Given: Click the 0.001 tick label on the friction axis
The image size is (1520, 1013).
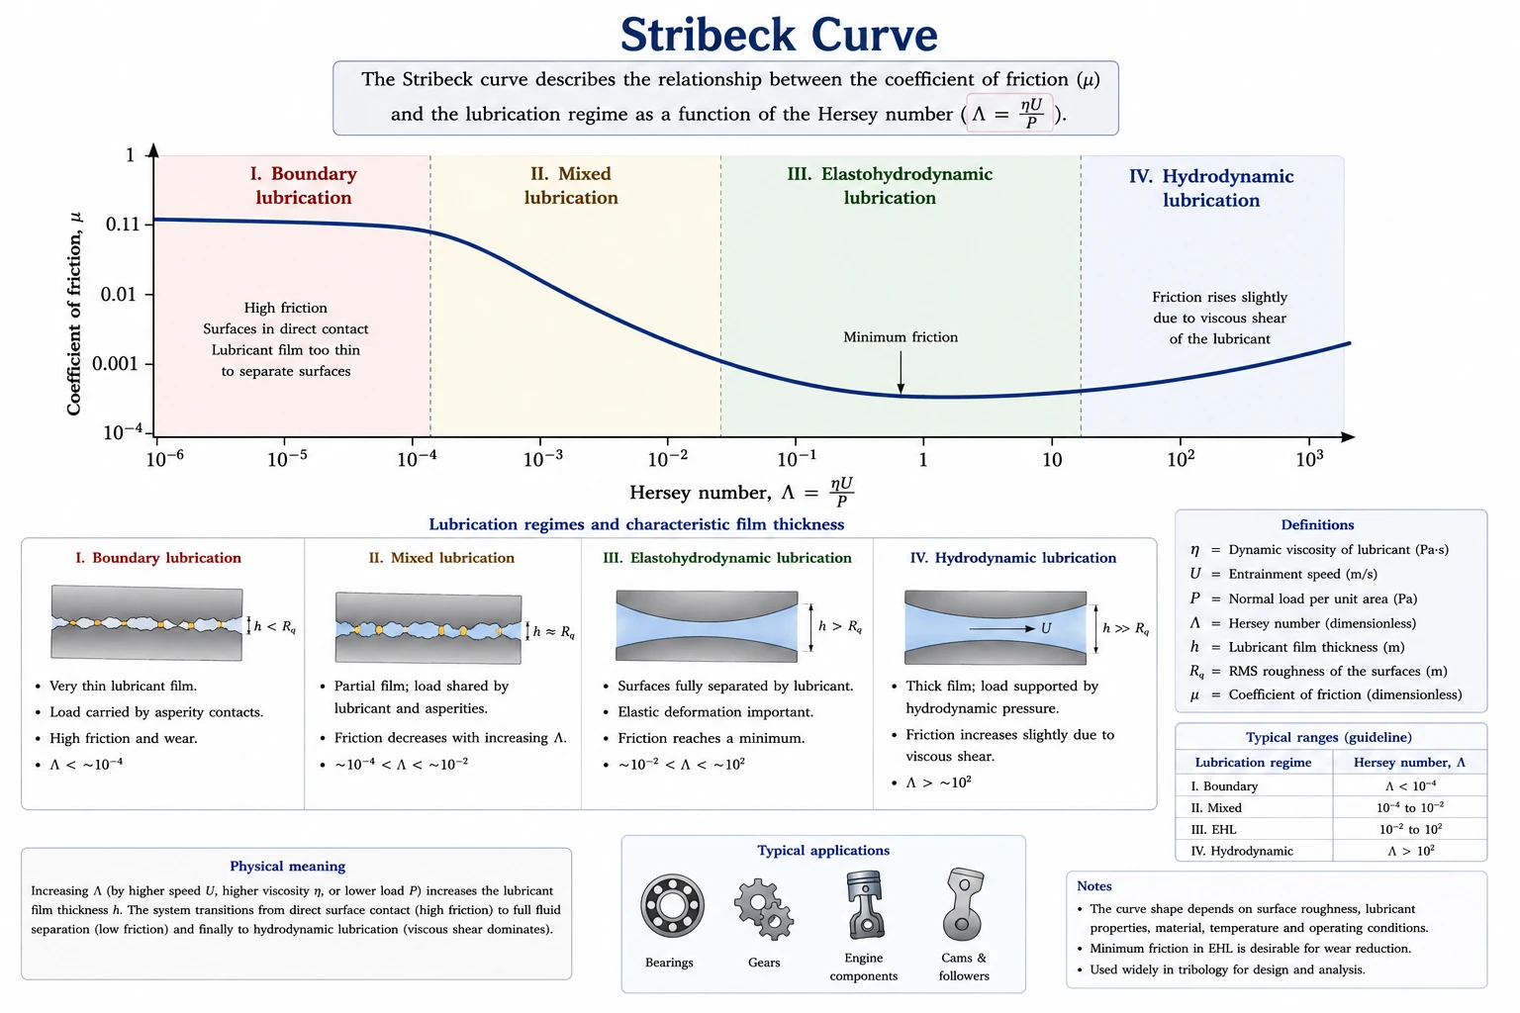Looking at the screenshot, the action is (x=115, y=364).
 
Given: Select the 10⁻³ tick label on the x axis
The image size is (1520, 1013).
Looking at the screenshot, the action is (x=543, y=459).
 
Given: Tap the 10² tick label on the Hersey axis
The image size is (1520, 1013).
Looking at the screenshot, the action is (x=1181, y=459).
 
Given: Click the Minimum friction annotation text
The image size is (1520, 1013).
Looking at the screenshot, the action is (x=901, y=337).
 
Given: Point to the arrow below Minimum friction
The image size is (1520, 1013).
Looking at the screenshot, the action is (x=901, y=373).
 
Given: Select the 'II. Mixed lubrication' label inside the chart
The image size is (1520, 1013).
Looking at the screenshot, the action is (x=571, y=185).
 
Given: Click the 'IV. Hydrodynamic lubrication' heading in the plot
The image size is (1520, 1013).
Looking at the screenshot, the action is (x=1211, y=188).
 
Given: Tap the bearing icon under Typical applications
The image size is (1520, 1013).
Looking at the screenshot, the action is (x=672, y=906).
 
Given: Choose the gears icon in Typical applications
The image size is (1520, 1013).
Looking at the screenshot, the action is (x=764, y=909).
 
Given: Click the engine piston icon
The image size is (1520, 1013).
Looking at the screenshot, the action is (x=864, y=904).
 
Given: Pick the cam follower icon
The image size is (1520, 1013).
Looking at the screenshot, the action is (x=964, y=904).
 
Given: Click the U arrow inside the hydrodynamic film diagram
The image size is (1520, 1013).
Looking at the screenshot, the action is (x=1001, y=629).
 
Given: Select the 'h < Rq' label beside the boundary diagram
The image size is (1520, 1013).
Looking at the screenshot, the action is (x=275, y=626).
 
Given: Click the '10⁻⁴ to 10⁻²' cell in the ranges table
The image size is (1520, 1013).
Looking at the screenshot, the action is (x=1410, y=807).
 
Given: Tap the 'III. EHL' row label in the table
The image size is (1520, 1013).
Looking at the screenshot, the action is (x=1213, y=829).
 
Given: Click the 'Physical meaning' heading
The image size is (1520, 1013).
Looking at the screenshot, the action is (x=288, y=866).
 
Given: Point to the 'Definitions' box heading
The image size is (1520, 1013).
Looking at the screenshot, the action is (x=1317, y=524).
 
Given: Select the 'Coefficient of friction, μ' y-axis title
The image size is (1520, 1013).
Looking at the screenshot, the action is (x=74, y=314).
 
